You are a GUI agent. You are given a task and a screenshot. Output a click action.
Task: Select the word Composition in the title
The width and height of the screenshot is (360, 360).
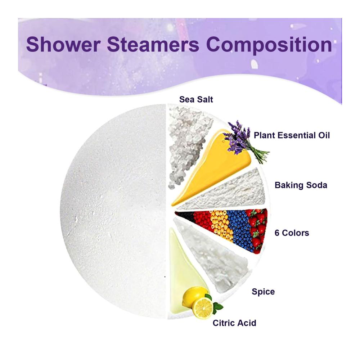(269, 46)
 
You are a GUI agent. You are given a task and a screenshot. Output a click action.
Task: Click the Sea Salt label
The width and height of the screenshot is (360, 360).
(196, 99)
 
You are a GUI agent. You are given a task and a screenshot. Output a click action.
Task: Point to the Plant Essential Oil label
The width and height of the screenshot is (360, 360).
(292, 135)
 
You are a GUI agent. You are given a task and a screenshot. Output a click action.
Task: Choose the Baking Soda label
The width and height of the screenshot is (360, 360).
(301, 185)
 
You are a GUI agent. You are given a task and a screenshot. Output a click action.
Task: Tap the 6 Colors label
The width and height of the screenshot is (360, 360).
(292, 233)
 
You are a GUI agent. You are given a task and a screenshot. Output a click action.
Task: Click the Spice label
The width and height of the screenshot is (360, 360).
(263, 292)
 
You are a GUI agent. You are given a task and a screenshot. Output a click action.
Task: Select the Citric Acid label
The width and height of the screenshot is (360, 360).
(234, 323)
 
